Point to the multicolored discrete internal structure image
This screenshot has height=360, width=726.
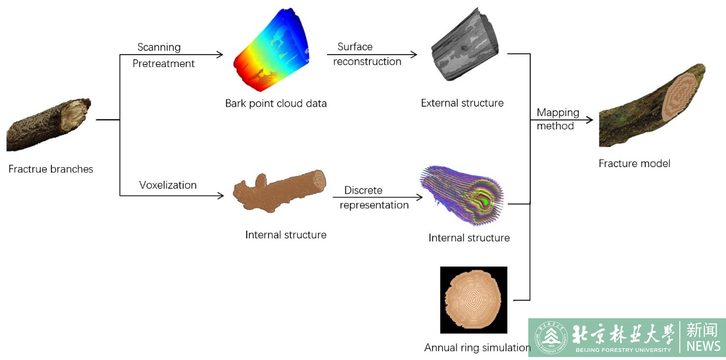click(462, 196)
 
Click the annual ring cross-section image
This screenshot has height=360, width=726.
click(473, 300)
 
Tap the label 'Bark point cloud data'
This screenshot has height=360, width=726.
click(276, 104)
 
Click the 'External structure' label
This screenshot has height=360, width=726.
click(462, 103)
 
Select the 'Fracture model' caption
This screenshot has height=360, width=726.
click(634, 164)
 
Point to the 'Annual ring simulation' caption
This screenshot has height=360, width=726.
click(477, 347)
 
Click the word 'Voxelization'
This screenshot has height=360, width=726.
click(168, 185)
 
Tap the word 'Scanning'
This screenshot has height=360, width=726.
click(159, 47)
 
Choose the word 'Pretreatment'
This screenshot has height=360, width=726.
click(164, 63)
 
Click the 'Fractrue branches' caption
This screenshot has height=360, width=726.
click(51, 169)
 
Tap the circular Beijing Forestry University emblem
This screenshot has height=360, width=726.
click(550, 338)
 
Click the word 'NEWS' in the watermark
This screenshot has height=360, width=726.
click(703, 346)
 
